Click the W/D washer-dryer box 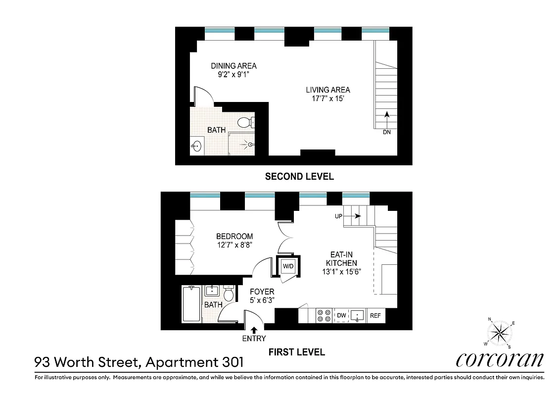(x=287, y=266)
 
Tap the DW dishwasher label (x=341, y=315)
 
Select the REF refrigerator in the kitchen (x=375, y=315)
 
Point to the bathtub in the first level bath (x=190, y=304)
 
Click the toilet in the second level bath (x=244, y=122)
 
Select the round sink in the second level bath (x=197, y=146)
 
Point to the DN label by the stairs (x=387, y=132)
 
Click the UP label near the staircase (x=339, y=216)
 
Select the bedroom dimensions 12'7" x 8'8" (x=234, y=245)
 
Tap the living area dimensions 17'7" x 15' (x=327, y=98)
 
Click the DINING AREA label (x=233, y=66)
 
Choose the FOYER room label (x=262, y=292)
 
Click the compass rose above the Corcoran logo (x=500, y=333)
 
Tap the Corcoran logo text (x=500, y=359)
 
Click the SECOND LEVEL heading (x=299, y=176)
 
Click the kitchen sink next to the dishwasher (x=358, y=315)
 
